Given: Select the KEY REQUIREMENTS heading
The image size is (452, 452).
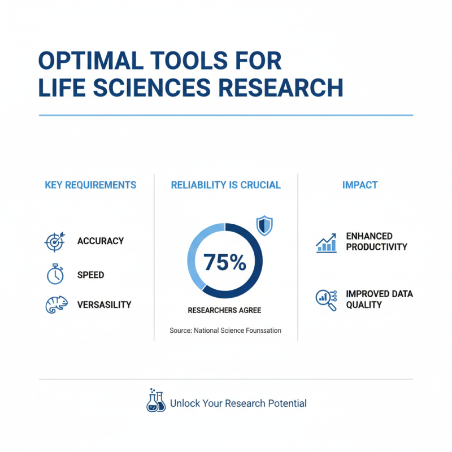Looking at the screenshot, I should pos(90,185).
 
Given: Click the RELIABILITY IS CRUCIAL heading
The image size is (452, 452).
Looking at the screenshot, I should pos(225,185).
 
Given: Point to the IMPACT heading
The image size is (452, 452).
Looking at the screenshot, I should pos(360,185).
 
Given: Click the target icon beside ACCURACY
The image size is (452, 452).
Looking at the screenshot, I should pos(55,242).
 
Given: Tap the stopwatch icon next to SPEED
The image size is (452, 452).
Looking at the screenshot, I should pos(55,274).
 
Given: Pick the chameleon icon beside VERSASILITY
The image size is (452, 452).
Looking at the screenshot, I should pos(54,305).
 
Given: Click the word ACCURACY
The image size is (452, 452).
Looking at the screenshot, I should pos(101,241).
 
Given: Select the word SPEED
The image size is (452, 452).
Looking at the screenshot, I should pos(91,275).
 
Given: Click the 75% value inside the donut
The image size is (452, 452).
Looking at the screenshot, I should pos(225,262).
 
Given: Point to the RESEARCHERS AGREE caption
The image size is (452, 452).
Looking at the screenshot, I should pos(225,310).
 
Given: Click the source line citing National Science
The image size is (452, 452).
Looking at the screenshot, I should pos(225,330).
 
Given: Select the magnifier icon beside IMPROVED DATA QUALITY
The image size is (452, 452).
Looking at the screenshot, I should pos(325,299).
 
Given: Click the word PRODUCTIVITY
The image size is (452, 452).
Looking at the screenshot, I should pos(376,247).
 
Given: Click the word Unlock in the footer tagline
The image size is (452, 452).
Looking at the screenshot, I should pos(184,403).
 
